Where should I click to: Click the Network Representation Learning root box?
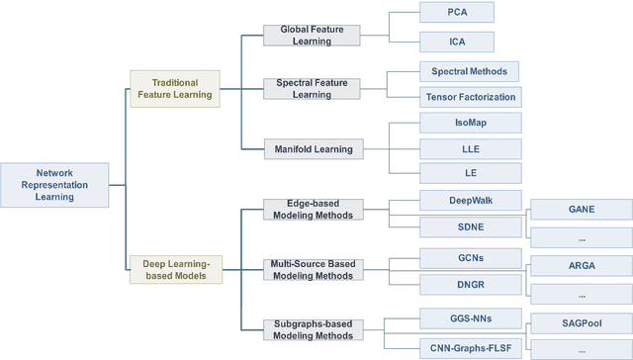54,184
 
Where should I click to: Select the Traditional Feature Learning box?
173,89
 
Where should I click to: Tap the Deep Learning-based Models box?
173,270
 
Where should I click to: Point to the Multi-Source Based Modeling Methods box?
314,269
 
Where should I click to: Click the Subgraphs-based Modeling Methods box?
314,329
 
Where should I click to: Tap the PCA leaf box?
455,13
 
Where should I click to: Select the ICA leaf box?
455,42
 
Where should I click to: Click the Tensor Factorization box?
470,97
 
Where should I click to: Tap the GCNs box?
455,258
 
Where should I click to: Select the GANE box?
582,211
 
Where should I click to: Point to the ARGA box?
582,266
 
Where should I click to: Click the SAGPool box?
582,322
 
